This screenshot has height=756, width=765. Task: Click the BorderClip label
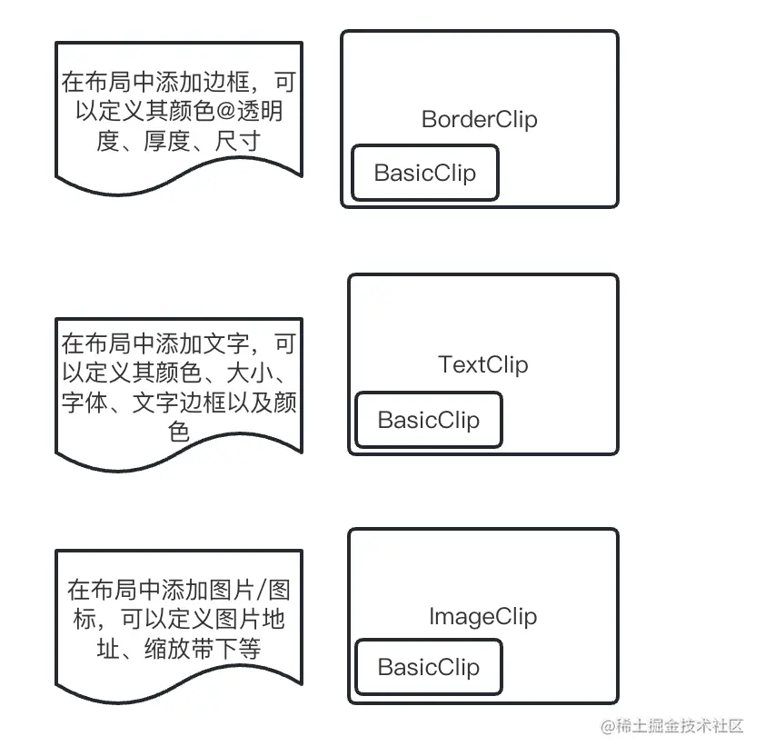tap(480, 119)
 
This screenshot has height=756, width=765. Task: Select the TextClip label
tap(482, 364)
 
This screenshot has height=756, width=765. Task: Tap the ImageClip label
tap(482, 616)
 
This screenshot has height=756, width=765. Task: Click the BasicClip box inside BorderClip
tap(424, 173)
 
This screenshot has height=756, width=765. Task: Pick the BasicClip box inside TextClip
tap(428, 420)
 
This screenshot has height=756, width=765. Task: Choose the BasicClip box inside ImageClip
tap(428, 667)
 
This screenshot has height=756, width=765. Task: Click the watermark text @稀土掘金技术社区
tap(671, 726)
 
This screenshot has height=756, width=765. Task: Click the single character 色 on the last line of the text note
tap(179, 432)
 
